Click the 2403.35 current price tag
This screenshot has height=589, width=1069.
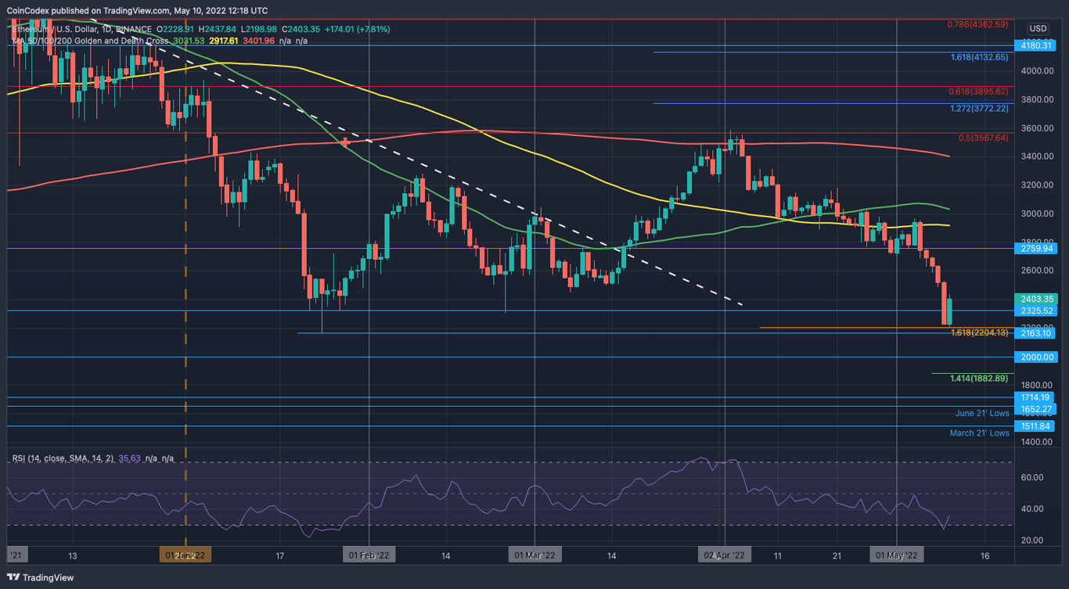[1038, 299]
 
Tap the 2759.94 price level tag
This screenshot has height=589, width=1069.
[1038, 249]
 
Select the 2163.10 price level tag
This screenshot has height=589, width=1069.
[1038, 333]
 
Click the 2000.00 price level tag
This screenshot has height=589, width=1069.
[1038, 357]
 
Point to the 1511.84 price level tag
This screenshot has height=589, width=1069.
[1038, 426]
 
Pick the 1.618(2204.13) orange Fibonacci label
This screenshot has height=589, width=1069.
[979, 333]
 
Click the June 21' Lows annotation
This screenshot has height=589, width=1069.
[982, 413]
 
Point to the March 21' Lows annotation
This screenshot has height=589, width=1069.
[979, 433]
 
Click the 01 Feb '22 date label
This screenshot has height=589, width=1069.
[369, 555]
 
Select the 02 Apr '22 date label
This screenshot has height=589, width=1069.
[725, 555]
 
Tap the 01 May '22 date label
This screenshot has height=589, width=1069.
[896, 555]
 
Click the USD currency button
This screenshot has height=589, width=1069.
[1038, 28]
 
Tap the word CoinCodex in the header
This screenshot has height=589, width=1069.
[31, 11]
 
